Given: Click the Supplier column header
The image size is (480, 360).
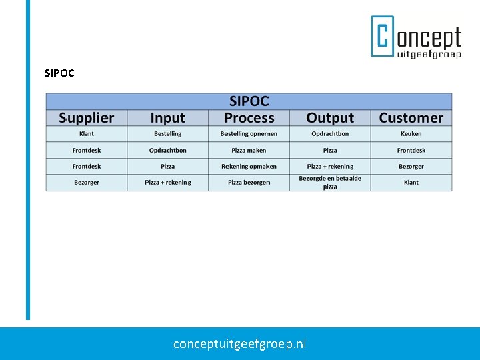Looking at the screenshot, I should [x=86, y=118].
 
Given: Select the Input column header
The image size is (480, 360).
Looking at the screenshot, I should [x=167, y=118].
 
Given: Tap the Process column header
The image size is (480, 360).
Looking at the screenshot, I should [x=249, y=118].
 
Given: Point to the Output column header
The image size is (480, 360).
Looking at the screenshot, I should [x=330, y=118].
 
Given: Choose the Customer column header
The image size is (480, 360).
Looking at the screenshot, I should [x=411, y=118].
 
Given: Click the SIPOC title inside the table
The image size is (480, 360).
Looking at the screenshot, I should [x=249, y=101].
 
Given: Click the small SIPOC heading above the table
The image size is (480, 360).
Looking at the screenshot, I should [x=59, y=73].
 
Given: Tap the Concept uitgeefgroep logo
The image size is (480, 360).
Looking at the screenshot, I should [x=416, y=37].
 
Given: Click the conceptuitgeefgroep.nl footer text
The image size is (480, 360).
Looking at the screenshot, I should [x=240, y=344].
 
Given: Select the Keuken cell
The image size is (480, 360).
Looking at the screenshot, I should [x=411, y=134].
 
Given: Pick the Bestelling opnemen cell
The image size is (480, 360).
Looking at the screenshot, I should [x=249, y=134].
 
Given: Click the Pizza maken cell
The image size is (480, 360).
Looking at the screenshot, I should [x=249, y=151].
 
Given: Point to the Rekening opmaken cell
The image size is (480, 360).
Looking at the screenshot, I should [x=249, y=167].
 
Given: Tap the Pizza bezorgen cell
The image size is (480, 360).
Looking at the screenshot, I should [x=249, y=183].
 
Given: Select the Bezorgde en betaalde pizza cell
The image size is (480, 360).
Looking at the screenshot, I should [x=330, y=183].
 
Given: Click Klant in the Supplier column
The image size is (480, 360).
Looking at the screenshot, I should [x=86, y=134].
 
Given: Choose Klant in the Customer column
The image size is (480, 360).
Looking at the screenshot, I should [x=411, y=183].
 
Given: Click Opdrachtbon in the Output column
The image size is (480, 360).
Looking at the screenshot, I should [x=330, y=134].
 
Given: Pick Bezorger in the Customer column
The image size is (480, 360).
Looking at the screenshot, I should [x=411, y=167].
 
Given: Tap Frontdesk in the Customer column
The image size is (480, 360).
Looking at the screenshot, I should [x=411, y=151].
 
